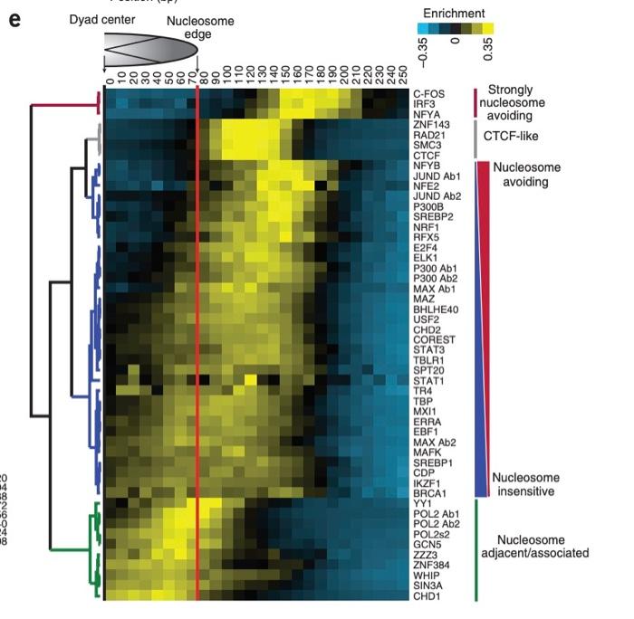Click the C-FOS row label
[428, 93]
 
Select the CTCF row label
[427, 155]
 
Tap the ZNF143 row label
[431, 124]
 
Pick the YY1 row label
[423, 503]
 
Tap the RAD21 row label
[428, 134]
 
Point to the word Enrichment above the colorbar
[453, 13]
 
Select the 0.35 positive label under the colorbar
[488, 53]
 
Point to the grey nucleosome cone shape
[149, 52]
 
